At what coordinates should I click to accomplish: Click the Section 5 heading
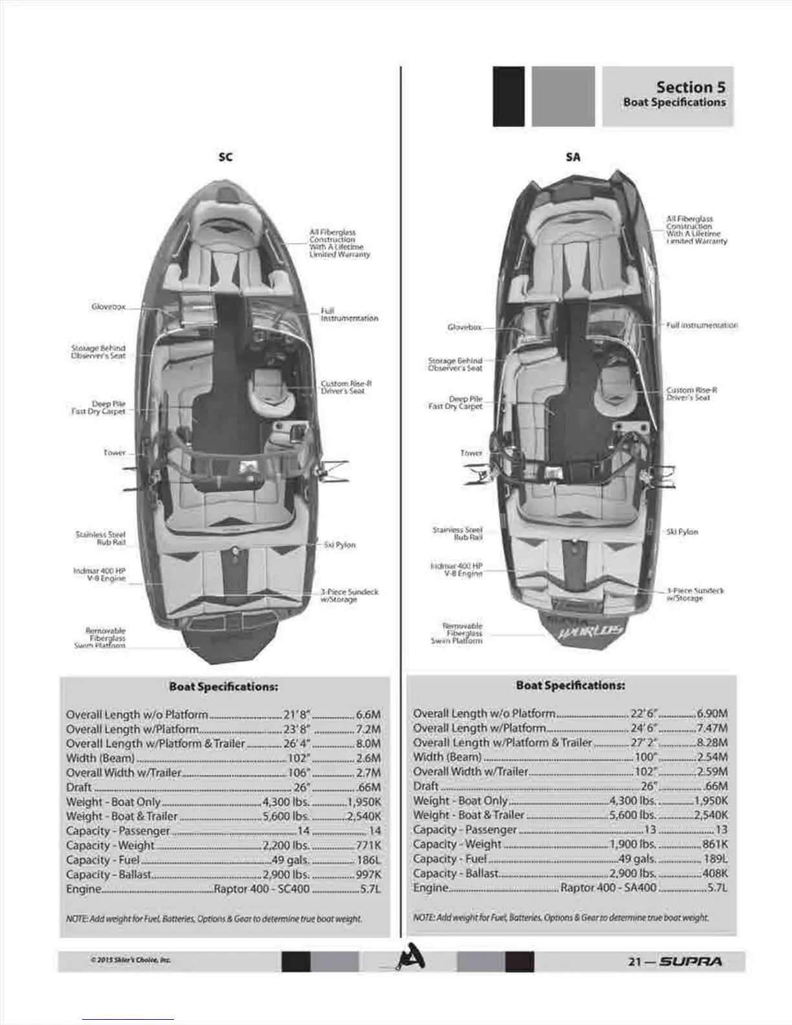[x=690, y=87]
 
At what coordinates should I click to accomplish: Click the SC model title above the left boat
[x=225, y=157]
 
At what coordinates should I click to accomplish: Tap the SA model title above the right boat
[x=573, y=157]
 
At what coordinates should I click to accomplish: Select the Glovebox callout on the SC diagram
[x=108, y=307]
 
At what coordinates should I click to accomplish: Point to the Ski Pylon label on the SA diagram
[x=682, y=531]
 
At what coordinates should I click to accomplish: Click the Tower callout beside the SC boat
[x=115, y=452]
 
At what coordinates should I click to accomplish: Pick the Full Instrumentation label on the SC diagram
[x=349, y=314]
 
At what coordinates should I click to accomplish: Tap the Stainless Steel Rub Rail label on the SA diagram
[x=457, y=533]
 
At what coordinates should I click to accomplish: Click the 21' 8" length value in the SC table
[x=298, y=714]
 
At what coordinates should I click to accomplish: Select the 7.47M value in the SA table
[x=712, y=728]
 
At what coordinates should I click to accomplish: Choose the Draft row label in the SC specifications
[x=79, y=788]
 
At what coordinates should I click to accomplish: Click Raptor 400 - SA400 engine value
[x=608, y=888]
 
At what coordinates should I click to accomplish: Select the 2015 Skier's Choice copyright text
[x=131, y=960]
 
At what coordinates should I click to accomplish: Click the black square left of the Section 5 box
[x=508, y=96]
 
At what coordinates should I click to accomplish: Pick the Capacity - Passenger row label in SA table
[x=465, y=830]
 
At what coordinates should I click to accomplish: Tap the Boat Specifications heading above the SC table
[x=223, y=687]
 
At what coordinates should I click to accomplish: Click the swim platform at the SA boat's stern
[x=580, y=625]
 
